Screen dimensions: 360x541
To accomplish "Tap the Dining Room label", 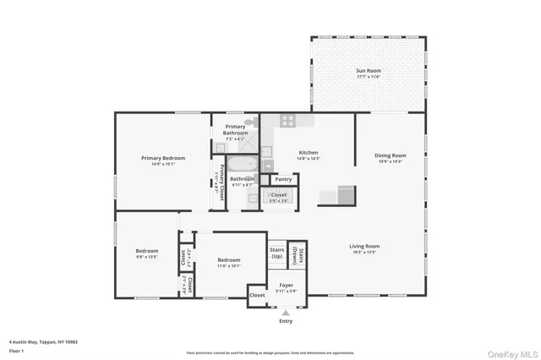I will pos(391,155).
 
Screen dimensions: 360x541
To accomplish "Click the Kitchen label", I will pos(307,153).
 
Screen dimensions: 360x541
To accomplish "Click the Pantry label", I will pos(283,179).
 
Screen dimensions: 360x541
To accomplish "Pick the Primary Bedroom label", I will pos(162,158).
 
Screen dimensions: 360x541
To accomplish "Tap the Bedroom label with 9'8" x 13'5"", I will pos(147,250).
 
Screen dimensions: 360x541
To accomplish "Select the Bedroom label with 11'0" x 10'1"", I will pos(228,260).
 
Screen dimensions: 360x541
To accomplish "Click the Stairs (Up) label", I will pos(277,252).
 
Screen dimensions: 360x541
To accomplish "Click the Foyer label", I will pos(286,286).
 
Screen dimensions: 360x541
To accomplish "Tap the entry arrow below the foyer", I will pos(285,312).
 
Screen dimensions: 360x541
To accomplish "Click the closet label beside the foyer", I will pos(258,295).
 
